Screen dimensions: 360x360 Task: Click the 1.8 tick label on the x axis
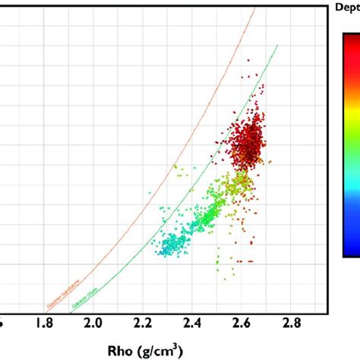tap(45, 324)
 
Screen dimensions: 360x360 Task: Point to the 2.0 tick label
tap(93, 324)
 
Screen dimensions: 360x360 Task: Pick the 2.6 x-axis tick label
tap(241, 324)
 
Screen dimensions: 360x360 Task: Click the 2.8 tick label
tap(290, 324)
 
